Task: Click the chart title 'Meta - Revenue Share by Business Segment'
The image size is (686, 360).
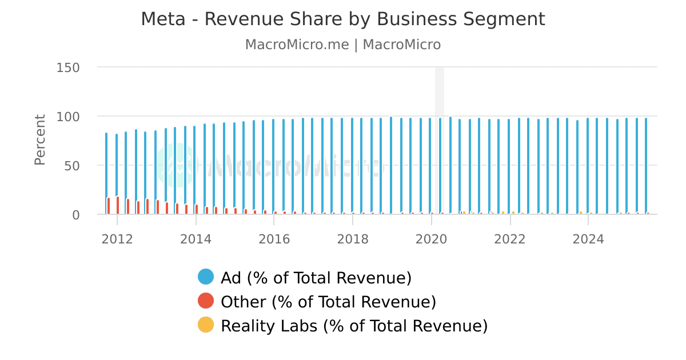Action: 343,19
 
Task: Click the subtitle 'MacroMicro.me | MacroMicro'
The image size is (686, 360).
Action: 343,45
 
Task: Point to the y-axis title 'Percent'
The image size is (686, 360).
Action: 39,140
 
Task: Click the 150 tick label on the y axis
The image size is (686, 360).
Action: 68,67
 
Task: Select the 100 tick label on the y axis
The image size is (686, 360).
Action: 68,117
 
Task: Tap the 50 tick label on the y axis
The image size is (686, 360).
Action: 72,166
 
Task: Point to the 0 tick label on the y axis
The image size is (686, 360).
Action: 76,215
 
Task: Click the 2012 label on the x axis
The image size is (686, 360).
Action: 117,239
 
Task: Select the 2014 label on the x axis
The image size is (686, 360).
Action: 196,239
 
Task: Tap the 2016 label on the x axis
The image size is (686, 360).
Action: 274,239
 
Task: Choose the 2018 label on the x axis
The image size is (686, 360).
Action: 353,239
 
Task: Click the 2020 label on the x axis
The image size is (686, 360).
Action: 432,239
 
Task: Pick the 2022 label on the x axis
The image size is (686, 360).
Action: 510,239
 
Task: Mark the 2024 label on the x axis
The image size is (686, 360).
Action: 588,239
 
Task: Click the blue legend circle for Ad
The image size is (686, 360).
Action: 206,277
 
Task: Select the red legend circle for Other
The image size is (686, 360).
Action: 206,301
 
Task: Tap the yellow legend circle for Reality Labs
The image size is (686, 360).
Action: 206,325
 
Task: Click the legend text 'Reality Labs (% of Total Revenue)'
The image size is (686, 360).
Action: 354,326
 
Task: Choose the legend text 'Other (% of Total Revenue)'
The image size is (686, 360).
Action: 328,302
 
